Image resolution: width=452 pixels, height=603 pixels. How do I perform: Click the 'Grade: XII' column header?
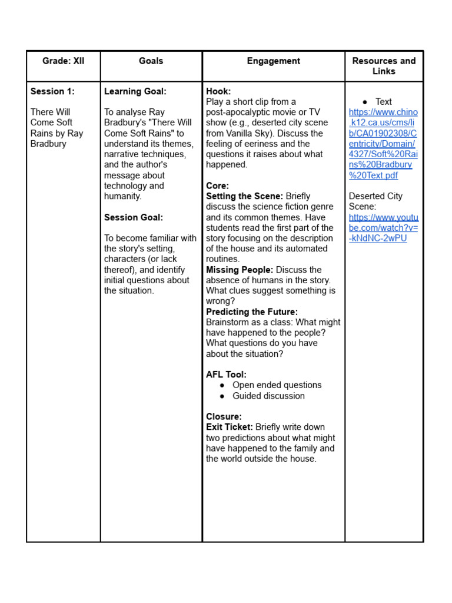[x=63, y=61]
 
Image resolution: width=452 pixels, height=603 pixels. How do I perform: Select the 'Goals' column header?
[x=151, y=61]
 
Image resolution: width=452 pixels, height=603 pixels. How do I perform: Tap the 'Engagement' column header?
[x=274, y=61]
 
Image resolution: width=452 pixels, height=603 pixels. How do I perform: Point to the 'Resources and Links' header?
[x=384, y=66]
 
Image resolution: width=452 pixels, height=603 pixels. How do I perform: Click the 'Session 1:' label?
[x=52, y=91]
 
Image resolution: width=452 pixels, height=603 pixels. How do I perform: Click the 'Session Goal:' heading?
[x=134, y=217]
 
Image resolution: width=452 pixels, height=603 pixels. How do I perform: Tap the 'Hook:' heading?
[x=218, y=91]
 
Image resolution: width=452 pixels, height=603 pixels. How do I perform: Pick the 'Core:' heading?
[x=217, y=185]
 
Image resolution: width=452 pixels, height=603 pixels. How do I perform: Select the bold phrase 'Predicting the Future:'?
[x=252, y=312]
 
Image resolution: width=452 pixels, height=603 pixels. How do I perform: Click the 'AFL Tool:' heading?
[x=226, y=375]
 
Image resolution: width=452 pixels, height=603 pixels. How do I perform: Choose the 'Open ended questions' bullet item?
[x=277, y=385]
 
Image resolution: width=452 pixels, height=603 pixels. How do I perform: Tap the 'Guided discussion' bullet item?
[x=268, y=396]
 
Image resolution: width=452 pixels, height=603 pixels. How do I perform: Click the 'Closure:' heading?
[x=224, y=416]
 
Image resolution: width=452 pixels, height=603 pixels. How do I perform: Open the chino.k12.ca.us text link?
[x=383, y=144]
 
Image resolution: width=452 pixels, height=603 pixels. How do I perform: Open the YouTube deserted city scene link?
[x=383, y=228]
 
